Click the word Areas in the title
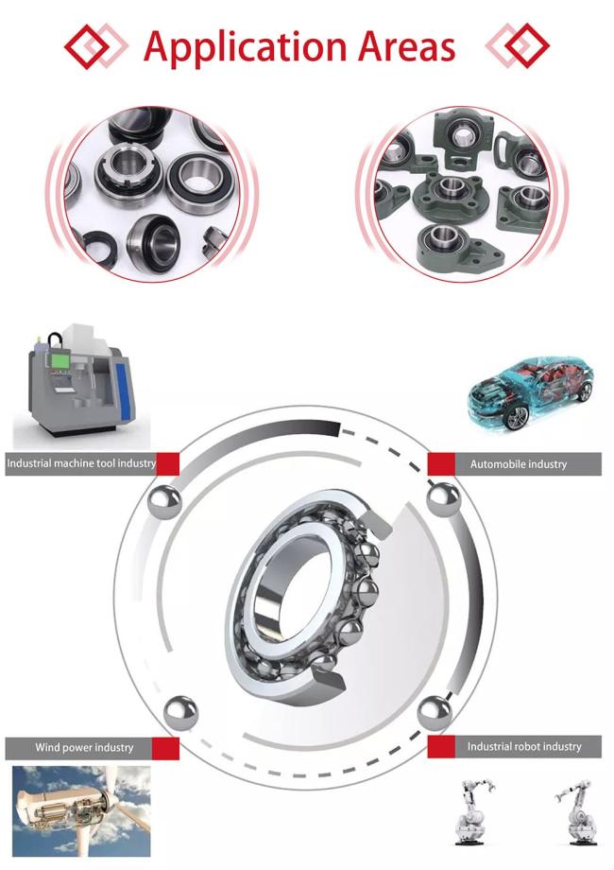[x=407, y=45]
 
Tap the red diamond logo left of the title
[x=95, y=45]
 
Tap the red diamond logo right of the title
[x=518, y=45]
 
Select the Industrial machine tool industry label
[x=81, y=463]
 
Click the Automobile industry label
[x=519, y=464]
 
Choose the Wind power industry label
[x=84, y=747]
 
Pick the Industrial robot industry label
[x=524, y=746]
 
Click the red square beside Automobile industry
[x=441, y=464]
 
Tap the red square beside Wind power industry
[x=165, y=748]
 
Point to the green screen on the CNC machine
[x=60, y=361]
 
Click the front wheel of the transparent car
[x=516, y=418]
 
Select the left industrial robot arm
[x=473, y=811]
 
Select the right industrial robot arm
[x=575, y=811]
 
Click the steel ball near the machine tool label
[x=164, y=502]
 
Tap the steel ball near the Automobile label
[x=444, y=500]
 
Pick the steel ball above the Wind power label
[x=180, y=712]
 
